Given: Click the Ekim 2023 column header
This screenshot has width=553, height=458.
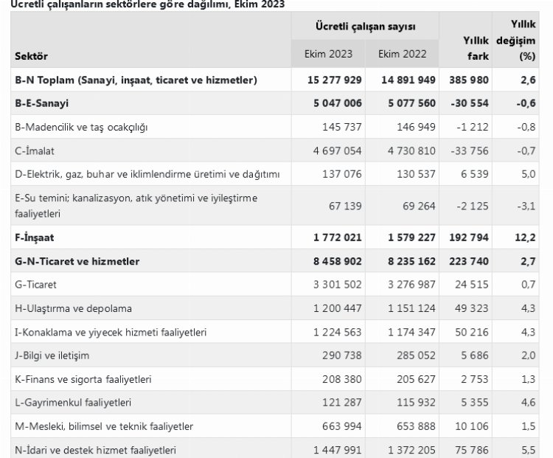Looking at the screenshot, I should pos(328,54).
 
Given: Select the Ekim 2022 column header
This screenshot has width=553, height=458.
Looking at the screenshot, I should pos(402,54).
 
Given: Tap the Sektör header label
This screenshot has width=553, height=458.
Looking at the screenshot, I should pos(31,56).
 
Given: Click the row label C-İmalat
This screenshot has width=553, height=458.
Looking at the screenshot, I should pos(35,150).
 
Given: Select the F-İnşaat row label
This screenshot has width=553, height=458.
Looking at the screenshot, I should pos(35,238).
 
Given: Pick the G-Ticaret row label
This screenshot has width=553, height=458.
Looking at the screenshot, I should pos(36,285).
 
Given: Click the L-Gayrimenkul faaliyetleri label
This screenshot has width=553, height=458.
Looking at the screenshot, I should pos(73,403).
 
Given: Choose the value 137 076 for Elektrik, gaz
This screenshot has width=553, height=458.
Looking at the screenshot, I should pos(338,174).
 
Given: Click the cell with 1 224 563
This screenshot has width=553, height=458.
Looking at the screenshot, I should pos(333,332).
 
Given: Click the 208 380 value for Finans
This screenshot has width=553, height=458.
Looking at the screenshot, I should pos(338,379).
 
